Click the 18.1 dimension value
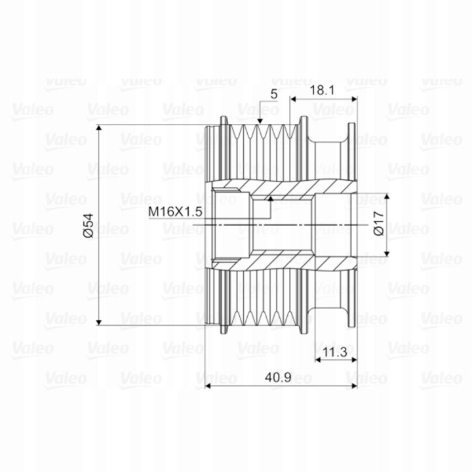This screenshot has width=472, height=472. [x=322, y=90]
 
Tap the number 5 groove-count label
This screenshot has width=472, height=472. [x=273, y=94]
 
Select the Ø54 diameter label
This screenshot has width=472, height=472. [x=88, y=226]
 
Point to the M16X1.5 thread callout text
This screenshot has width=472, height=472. [x=175, y=212]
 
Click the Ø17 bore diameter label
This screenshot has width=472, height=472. [x=379, y=224]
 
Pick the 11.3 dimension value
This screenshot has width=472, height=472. [x=335, y=351]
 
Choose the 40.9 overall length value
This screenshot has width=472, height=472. [x=278, y=377]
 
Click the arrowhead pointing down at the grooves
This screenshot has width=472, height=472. [x=260, y=121]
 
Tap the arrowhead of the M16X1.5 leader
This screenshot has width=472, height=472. [x=270, y=199]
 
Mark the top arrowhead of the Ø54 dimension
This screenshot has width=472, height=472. [x=100, y=128]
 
